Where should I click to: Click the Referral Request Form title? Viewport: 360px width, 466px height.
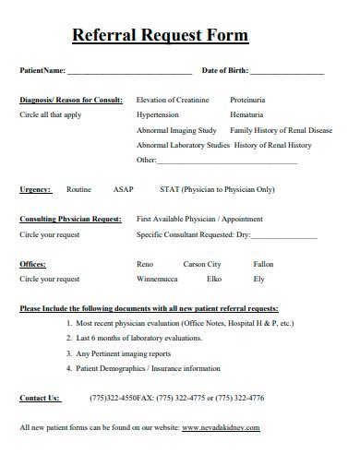(160, 36)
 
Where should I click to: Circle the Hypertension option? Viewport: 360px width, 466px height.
(158, 115)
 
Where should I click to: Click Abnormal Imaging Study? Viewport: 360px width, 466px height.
(176, 130)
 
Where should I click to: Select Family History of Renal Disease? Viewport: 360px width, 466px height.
(281, 130)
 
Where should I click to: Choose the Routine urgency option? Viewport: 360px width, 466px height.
(78, 189)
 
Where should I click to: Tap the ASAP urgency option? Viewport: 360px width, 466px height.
(123, 189)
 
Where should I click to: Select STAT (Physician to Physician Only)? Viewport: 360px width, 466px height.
(217, 189)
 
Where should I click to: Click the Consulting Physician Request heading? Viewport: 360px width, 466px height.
(70, 220)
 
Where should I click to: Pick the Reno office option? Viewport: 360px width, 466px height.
(145, 264)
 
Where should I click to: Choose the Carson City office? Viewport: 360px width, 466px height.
(202, 264)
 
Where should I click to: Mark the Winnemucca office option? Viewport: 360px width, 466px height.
(157, 279)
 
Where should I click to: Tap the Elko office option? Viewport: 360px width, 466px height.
(214, 279)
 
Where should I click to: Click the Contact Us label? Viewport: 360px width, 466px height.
(40, 398)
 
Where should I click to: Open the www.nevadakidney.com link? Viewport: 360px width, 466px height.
(221, 428)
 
